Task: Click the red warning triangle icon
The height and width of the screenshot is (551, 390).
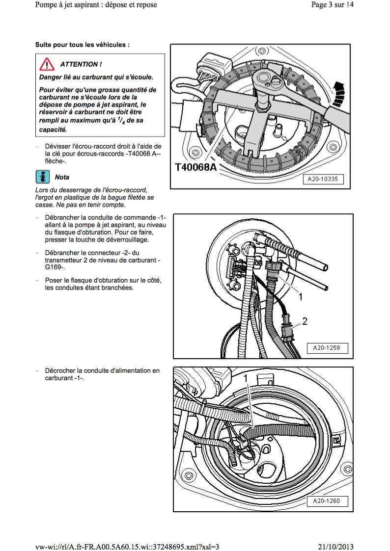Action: (47, 64)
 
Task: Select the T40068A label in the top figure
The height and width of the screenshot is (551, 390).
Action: (196, 168)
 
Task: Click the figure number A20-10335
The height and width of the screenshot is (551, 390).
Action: (323, 180)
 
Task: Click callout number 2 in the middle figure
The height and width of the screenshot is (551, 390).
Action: (305, 321)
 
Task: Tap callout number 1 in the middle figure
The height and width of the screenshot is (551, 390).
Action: (301, 297)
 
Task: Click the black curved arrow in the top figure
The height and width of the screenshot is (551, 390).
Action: (338, 94)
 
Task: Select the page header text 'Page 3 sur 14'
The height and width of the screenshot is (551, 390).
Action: (333, 5)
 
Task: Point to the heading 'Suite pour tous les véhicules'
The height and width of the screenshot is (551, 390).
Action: (83, 44)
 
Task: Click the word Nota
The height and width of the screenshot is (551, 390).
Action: (62, 177)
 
